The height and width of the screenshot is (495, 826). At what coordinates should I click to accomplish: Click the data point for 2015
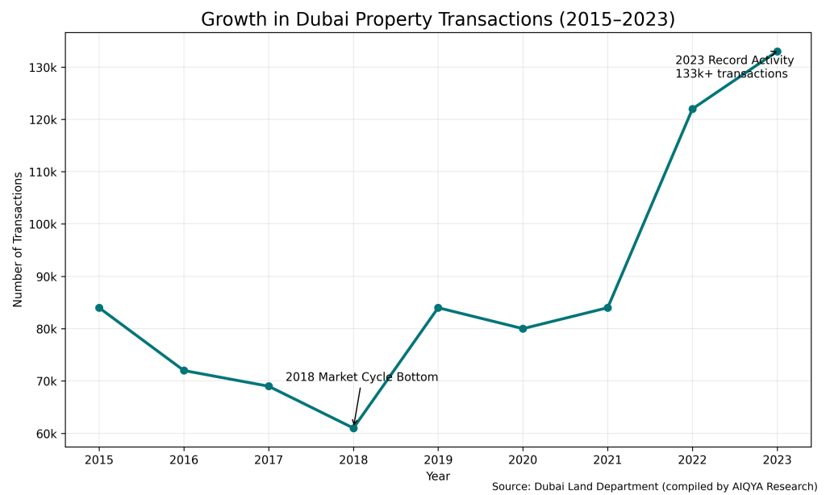point(99,308)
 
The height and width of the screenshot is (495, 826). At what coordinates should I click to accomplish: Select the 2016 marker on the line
point(184,371)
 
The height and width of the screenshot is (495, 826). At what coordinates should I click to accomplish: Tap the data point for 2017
point(269,386)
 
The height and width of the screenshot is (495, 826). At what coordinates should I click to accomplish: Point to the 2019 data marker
point(438,308)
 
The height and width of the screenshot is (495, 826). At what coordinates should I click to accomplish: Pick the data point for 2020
point(523,329)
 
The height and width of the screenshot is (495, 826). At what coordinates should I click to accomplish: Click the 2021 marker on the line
point(607,308)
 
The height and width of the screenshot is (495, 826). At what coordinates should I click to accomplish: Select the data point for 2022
point(692,109)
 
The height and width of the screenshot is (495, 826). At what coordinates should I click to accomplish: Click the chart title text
point(438,19)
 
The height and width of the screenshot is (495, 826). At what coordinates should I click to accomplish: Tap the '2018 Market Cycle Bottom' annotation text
point(361,377)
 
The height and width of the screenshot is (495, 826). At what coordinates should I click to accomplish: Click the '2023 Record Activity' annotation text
point(734,60)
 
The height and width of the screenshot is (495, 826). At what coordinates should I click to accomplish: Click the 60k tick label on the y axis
point(44,435)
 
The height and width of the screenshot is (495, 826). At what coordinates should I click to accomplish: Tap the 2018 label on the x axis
point(353,460)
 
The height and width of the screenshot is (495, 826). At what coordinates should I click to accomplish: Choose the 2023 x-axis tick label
point(777,460)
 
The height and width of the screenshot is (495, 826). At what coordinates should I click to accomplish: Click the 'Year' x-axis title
point(438,476)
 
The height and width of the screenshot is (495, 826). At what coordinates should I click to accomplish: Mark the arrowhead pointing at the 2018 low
point(354,422)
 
